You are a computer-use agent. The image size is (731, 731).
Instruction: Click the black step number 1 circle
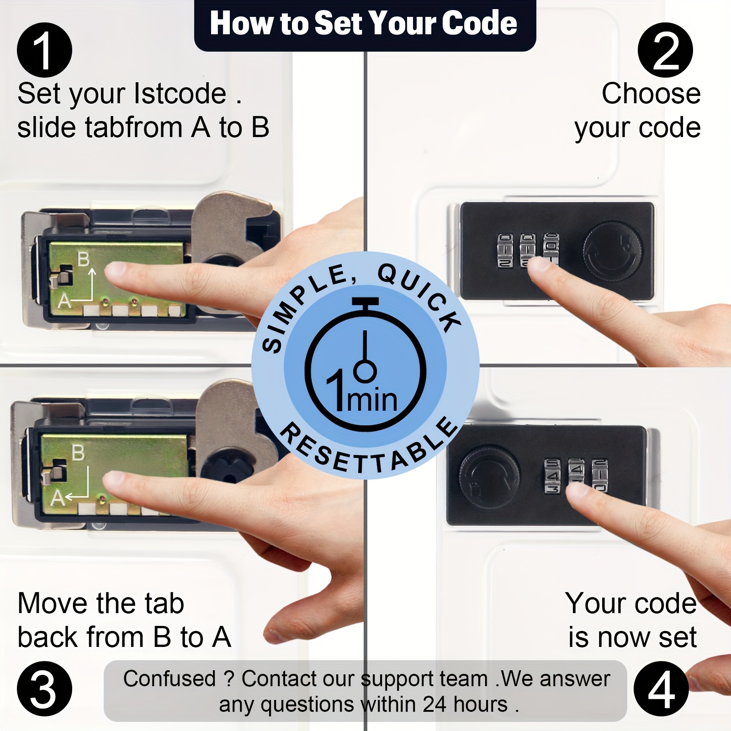[x=44, y=50]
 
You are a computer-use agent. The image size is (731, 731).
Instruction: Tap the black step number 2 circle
[x=665, y=50]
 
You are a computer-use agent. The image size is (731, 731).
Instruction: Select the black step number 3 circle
[x=44, y=689]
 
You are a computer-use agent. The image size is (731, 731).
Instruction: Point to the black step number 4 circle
[x=661, y=689]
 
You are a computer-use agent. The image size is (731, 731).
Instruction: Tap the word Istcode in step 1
[x=180, y=94]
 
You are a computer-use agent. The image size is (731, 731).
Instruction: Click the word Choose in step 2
[x=651, y=94]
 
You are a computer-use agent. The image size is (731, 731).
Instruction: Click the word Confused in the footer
[x=169, y=678]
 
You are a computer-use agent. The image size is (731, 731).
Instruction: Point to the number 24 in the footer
[x=434, y=704]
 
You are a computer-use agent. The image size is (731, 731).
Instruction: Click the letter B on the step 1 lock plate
[x=83, y=259]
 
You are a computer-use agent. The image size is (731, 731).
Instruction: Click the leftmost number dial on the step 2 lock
[x=505, y=250]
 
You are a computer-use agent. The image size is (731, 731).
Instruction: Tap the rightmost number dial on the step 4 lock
[x=600, y=476]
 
